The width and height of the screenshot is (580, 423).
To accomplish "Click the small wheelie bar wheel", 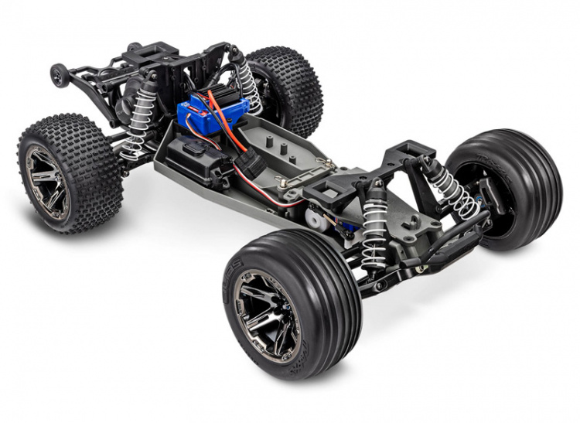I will click(x=58, y=75).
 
